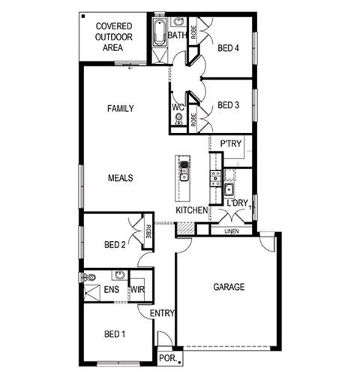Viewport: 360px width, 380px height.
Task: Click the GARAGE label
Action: point(229,287)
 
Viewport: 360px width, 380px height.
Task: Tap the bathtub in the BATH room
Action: point(160,32)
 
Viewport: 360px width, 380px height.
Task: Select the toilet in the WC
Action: point(178,119)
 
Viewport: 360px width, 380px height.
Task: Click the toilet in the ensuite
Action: point(89,277)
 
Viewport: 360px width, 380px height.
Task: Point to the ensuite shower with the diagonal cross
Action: point(91,293)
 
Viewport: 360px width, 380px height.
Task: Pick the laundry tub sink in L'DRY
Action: point(229,190)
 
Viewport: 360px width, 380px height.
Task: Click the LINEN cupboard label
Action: point(232,231)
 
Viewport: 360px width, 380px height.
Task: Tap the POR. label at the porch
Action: point(168,358)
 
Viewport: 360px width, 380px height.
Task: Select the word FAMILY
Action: point(121,109)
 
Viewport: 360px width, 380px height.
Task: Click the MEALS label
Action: point(120,178)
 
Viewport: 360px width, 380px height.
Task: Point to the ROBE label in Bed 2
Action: point(148,231)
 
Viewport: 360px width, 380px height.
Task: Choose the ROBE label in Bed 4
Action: point(193,32)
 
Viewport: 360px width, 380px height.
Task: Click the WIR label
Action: point(137,290)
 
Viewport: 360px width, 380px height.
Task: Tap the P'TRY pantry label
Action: point(231,143)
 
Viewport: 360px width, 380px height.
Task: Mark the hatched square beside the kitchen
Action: point(186,228)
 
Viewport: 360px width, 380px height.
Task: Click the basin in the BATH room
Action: point(178,22)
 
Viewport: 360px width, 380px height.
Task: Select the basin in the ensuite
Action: point(120,275)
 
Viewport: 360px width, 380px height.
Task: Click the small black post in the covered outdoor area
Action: point(83,17)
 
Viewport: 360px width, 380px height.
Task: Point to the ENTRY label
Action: point(162,313)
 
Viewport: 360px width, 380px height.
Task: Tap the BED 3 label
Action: point(228,105)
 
